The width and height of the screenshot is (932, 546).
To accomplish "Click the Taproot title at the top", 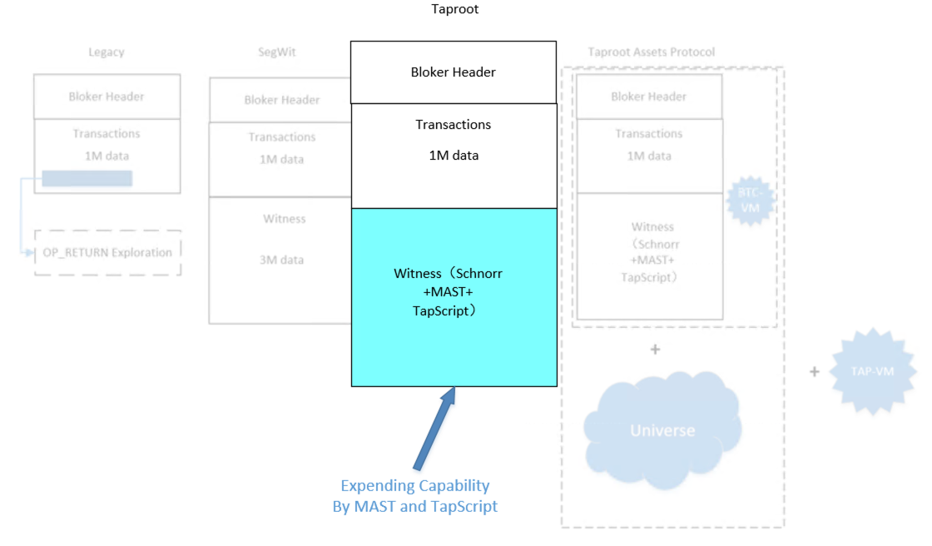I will pos(455,9).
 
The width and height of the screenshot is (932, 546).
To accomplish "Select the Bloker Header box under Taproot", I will pos(454,72).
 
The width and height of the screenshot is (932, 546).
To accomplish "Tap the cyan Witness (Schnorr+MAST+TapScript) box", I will pos(454,297).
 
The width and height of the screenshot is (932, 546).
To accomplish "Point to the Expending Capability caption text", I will pos(415,495).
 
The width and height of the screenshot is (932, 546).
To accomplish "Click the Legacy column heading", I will pos(107,52).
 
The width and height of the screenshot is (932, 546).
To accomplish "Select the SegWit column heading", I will pos(277,52).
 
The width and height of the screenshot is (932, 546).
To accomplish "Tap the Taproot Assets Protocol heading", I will pos(652,52).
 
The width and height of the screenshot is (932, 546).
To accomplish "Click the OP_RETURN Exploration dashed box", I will pos(107,252).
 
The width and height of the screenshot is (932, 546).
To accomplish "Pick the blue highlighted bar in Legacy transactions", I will pos(87,178).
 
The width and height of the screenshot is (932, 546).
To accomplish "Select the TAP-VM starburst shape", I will pos(872,371).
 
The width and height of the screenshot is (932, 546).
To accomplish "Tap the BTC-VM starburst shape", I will pos(750,201).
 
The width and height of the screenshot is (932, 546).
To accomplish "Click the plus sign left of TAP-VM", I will pos(814,371).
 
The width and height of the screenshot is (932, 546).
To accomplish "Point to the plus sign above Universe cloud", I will pos(655,350).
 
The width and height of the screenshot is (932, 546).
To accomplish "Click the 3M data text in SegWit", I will pos(281,260).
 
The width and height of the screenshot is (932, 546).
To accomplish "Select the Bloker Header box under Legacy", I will pos(107,96).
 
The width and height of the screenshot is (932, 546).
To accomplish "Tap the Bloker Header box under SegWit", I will pos(281,100).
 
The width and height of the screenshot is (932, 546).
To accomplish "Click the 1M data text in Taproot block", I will pos(454,156).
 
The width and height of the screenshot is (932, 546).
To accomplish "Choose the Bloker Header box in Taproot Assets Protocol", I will pos(649,96).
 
